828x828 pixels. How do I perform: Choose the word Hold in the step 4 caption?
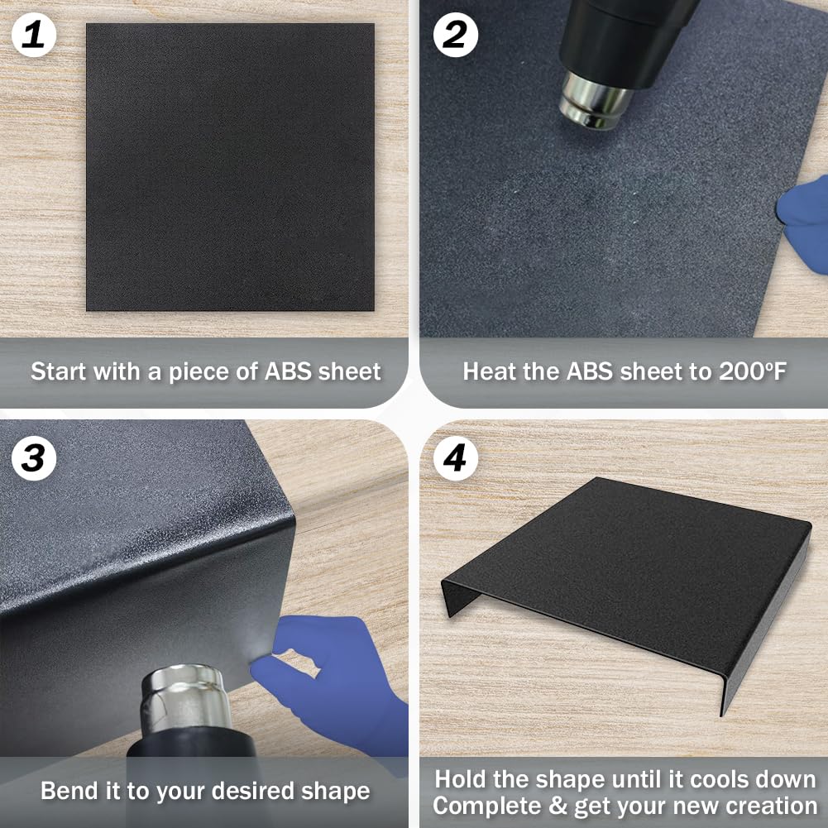pyautogui.click(x=460, y=779)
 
